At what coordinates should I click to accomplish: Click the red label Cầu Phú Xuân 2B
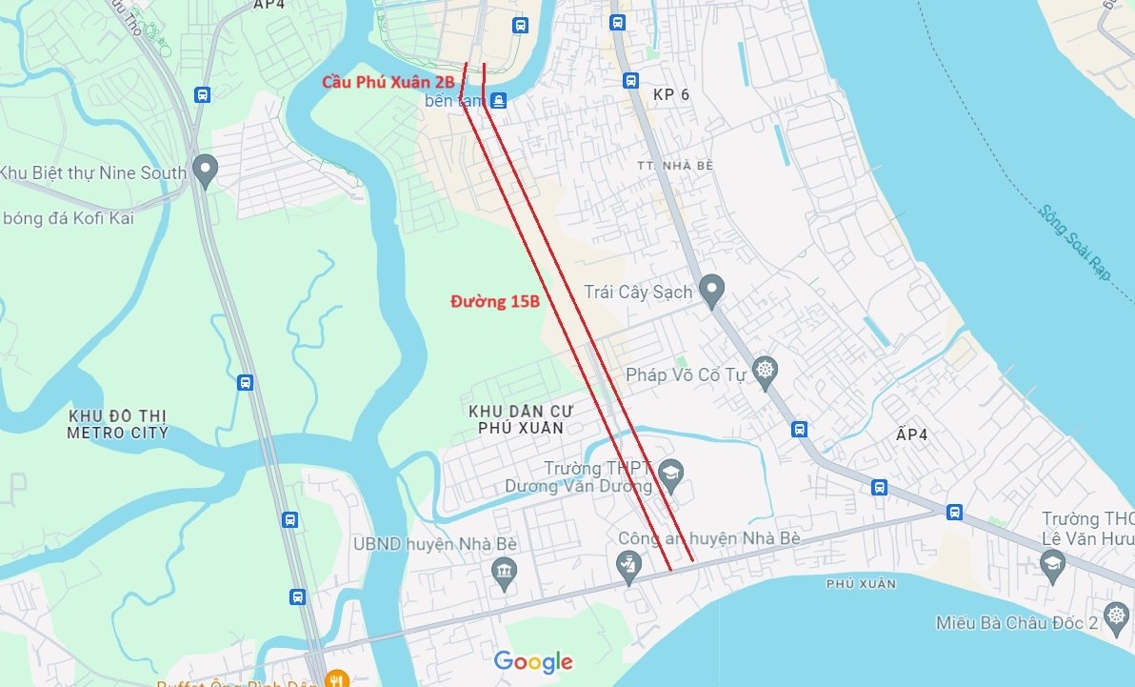tap(388, 83)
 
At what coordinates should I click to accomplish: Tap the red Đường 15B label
tap(495, 302)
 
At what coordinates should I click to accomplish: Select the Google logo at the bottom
tap(533, 661)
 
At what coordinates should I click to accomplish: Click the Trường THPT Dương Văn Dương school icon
tap(671, 474)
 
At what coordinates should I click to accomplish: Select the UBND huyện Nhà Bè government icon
tap(504, 572)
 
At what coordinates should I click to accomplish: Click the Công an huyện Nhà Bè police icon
tap(627, 568)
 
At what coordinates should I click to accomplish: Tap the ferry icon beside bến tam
tap(498, 99)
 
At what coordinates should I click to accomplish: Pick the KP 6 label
tap(670, 95)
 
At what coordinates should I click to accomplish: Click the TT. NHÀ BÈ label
tap(675, 166)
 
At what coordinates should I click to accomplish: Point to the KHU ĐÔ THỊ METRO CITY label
tap(117, 425)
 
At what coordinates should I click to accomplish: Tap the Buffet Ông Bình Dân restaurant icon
tap(335, 678)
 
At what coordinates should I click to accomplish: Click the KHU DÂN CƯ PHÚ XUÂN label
tap(515, 419)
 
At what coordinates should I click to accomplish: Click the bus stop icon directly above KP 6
tap(630, 80)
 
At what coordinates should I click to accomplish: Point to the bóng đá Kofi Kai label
tap(68, 218)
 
